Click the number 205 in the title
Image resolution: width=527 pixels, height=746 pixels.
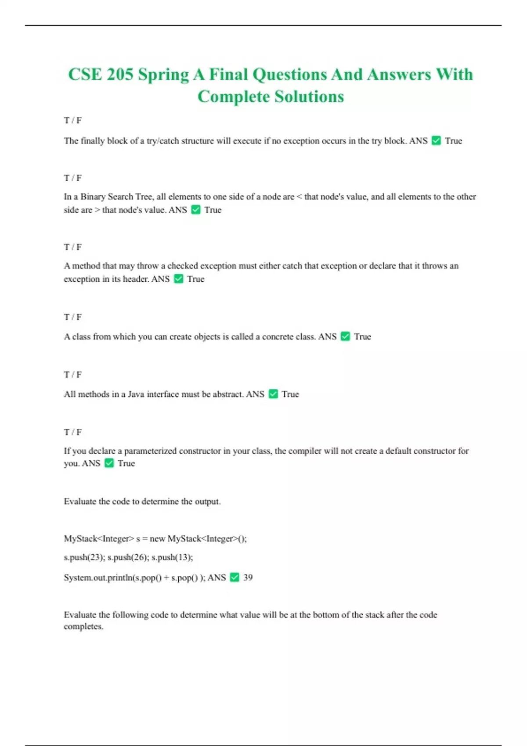coord(120,75)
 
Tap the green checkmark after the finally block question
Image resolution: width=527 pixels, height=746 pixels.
coord(436,140)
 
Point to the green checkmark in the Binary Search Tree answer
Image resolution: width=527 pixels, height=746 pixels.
coord(196,210)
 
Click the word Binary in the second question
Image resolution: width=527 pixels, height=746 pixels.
coord(93,197)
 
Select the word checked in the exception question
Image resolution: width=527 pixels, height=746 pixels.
coord(183,265)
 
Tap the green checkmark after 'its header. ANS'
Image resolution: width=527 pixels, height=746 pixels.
coord(178,279)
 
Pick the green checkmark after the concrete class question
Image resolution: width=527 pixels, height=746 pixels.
coord(345,336)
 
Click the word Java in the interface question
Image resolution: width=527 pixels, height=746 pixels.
coord(136,394)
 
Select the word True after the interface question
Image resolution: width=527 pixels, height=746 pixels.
coord(290,394)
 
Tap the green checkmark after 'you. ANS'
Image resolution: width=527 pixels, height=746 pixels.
coord(109,463)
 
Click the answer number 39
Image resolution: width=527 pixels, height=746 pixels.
coord(248,577)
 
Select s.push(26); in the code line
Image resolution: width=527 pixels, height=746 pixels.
coord(127,557)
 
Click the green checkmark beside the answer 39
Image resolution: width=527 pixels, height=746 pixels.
coord(235,577)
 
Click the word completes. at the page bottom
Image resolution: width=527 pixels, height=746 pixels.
coord(83,627)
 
